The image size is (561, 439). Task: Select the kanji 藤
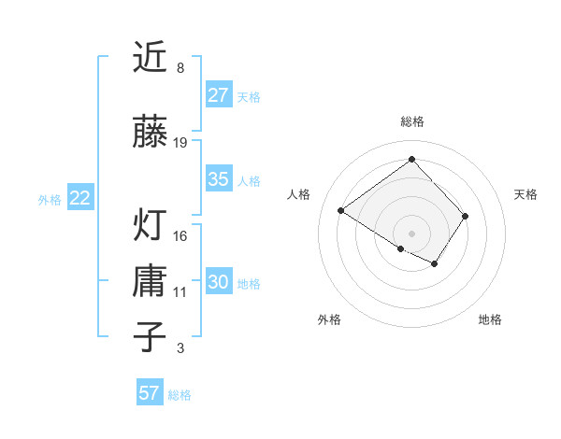pyautogui.click(x=151, y=133)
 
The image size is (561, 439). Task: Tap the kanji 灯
pyautogui.click(x=151, y=226)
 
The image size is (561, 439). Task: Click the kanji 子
pyautogui.click(x=151, y=336)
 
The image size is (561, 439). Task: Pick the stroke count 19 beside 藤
pyautogui.click(x=180, y=143)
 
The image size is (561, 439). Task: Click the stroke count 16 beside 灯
pyautogui.click(x=180, y=236)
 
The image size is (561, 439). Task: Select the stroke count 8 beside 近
pyautogui.click(x=180, y=68)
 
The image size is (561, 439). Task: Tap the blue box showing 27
pyautogui.click(x=218, y=94)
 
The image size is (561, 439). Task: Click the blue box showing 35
pyautogui.click(x=218, y=179)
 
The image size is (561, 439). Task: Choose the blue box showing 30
pyautogui.click(x=218, y=282)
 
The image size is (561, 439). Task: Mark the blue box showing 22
pyautogui.click(x=79, y=198)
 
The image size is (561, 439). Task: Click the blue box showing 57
pyautogui.click(x=149, y=393)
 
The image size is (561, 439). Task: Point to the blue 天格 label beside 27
pyautogui.click(x=249, y=96)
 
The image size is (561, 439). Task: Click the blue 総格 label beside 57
pyautogui.click(x=180, y=395)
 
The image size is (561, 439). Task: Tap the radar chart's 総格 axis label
pyautogui.click(x=411, y=121)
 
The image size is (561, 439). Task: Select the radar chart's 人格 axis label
pyautogui.click(x=299, y=194)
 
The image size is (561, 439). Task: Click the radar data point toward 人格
pyautogui.click(x=341, y=211)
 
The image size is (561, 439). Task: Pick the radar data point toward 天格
pyautogui.click(x=466, y=216)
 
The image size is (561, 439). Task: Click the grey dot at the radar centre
pyautogui.click(x=411, y=233)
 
